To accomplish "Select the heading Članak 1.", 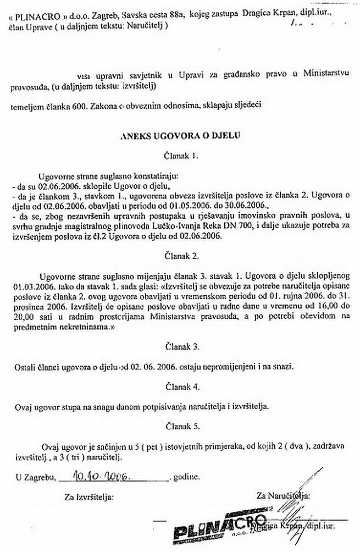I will (x=180, y=156).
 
